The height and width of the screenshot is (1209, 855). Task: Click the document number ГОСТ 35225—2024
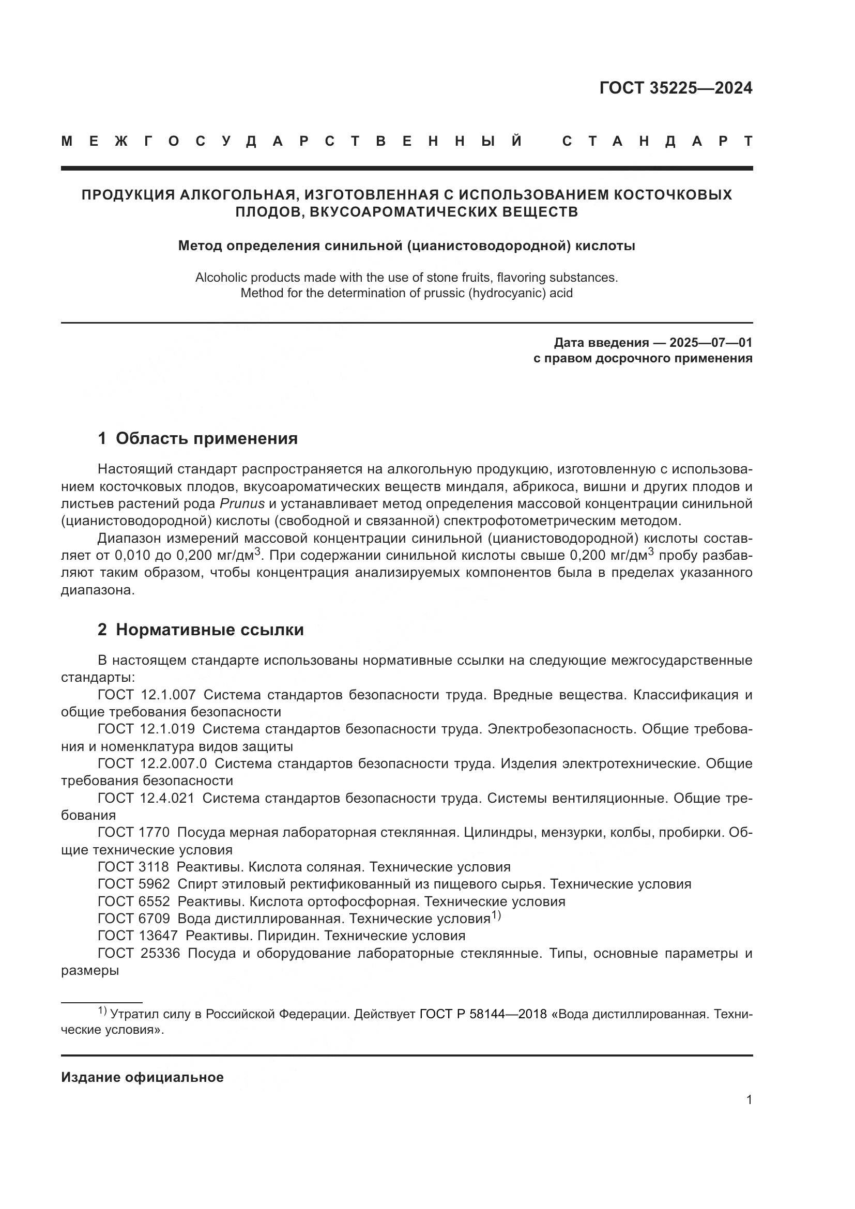(x=676, y=88)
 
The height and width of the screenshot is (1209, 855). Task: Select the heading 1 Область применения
(x=197, y=438)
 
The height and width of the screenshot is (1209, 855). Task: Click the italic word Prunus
(x=242, y=503)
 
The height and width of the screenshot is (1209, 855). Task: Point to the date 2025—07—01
(x=710, y=343)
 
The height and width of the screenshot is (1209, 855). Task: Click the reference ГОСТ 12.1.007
(x=147, y=695)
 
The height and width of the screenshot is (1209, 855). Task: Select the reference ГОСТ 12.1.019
(x=147, y=729)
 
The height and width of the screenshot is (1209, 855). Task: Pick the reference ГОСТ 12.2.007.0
(x=152, y=763)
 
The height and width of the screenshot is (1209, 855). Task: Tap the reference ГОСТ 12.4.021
(x=147, y=798)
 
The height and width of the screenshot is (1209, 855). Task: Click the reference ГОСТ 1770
(x=134, y=832)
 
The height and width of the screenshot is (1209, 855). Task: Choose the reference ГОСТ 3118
(x=134, y=867)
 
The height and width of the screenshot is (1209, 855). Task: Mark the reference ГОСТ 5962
(x=134, y=883)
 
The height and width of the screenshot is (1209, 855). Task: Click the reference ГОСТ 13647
(x=138, y=935)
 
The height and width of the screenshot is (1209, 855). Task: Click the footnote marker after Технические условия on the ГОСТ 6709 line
(x=496, y=916)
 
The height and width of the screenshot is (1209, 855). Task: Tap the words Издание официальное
(x=143, y=1077)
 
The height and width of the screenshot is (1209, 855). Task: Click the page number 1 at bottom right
(x=749, y=1100)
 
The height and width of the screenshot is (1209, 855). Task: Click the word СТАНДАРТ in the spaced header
(x=658, y=141)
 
